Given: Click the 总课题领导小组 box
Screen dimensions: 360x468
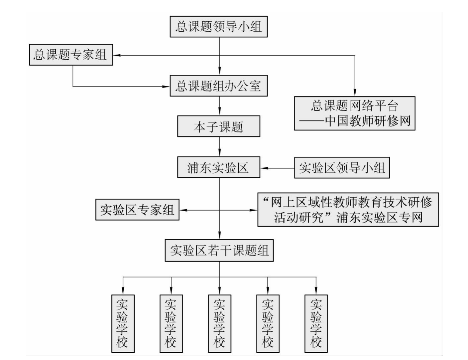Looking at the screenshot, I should coord(218,26).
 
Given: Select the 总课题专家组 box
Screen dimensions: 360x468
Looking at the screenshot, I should coord(71,55).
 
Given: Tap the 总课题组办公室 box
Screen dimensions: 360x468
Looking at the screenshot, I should coord(218,86).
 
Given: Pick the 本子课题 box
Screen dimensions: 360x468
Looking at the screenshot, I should coord(218,126).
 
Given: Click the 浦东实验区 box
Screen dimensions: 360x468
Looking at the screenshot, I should coord(218,167).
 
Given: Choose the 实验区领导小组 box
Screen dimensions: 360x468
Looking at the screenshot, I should coord(342,168).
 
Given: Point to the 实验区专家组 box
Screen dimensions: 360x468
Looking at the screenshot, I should coord(137,210).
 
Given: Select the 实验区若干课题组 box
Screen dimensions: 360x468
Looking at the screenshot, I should coord(219,251).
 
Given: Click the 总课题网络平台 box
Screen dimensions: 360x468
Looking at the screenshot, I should coord(355,113).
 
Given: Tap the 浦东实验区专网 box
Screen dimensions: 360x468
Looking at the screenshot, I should coord(348,210).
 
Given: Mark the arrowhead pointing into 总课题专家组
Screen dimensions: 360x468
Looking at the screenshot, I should coord(116,55).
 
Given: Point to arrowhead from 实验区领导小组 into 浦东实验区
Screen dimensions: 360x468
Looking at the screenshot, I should coord(264,168).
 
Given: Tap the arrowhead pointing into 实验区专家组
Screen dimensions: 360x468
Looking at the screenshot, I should coord(182,210).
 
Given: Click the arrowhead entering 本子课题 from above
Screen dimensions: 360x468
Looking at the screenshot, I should coord(219,112).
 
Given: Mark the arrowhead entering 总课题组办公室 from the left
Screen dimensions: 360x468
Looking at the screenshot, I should coord(166,87).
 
